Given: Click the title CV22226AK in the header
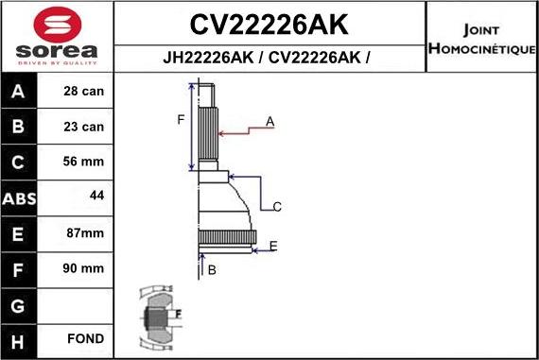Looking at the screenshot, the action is (269, 23).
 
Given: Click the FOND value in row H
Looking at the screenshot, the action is (85, 338).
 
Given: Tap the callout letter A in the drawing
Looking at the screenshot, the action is (269, 121).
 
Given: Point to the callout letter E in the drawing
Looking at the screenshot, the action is (273, 246).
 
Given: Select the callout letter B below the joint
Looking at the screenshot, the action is (212, 270).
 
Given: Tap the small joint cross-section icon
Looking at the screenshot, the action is (157, 314).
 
